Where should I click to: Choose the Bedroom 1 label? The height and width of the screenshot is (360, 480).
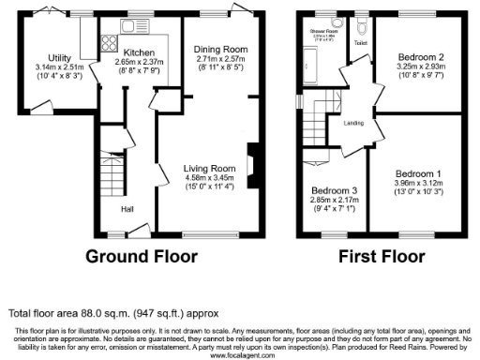point(416,174)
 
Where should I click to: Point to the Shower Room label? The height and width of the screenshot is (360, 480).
point(323,32)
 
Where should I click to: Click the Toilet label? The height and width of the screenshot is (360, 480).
point(360,43)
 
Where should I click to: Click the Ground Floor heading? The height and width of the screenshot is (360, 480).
point(142,256)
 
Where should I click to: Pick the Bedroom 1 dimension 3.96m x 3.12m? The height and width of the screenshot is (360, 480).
point(416,184)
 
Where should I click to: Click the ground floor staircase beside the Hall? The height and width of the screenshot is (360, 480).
point(112,177)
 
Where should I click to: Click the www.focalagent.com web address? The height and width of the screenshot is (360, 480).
point(240,355)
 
